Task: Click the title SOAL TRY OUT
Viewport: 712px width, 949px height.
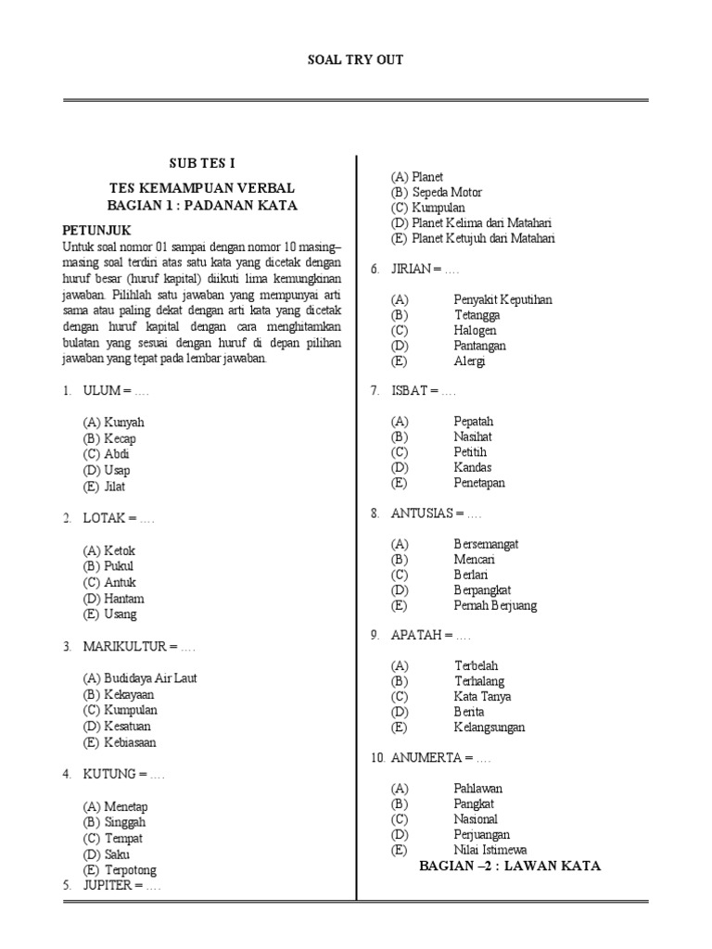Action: (355, 60)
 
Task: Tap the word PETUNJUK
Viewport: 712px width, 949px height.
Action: (96, 230)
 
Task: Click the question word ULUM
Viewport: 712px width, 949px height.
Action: (102, 391)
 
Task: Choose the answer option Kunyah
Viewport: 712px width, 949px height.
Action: (124, 423)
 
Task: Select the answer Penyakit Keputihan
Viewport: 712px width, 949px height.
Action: (502, 299)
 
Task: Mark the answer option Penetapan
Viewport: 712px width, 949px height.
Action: (479, 483)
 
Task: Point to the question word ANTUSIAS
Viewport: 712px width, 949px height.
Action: (422, 513)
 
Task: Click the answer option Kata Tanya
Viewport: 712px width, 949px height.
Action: (482, 696)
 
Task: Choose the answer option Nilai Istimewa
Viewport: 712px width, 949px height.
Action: (489, 850)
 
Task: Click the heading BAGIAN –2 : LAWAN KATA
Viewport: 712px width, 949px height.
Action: (510, 866)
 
